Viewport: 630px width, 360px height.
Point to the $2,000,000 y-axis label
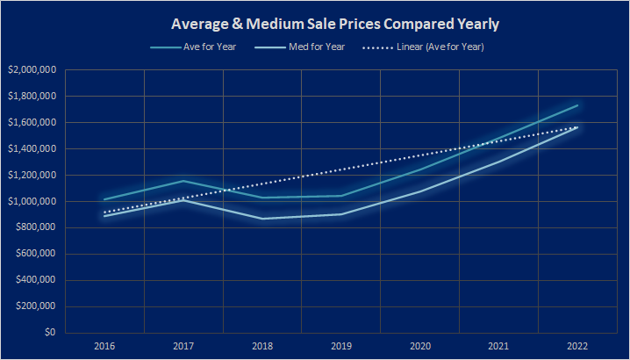(x=32, y=70)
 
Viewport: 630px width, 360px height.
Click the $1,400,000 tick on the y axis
(x=32, y=149)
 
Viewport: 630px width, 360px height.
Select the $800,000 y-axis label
(x=35, y=228)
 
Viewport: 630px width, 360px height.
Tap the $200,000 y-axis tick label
(x=35, y=307)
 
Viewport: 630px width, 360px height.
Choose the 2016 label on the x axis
(x=104, y=347)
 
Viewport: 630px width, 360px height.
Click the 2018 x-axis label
(x=261, y=347)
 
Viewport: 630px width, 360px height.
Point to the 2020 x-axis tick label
(x=419, y=347)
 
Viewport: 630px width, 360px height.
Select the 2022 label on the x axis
(x=577, y=347)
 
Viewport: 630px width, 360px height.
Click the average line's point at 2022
(x=577, y=105)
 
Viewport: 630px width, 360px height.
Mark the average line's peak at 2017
(x=183, y=181)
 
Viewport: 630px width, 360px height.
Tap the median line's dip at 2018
(x=261, y=219)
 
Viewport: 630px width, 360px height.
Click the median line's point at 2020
(x=419, y=191)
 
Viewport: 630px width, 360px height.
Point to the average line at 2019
(x=340, y=196)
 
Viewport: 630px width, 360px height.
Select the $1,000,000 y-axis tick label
(x=32, y=202)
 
